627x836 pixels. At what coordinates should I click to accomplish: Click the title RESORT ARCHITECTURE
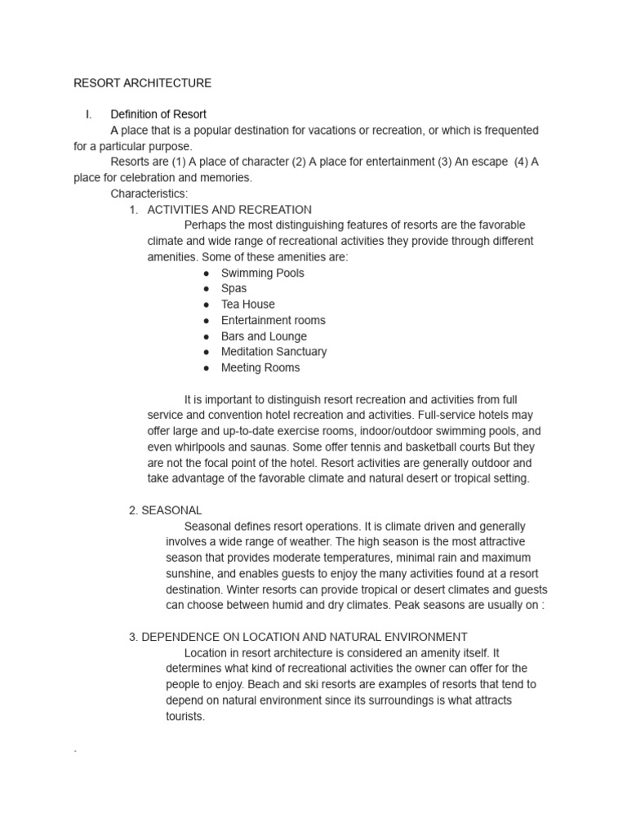[x=143, y=82]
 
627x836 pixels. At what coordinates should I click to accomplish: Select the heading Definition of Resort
[x=158, y=114]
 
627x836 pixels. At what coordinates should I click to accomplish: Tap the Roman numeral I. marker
[x=89, y=114]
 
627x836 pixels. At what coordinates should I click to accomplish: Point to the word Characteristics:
[x=149, y=193]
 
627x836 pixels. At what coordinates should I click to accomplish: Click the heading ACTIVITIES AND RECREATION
[x=229, y=210]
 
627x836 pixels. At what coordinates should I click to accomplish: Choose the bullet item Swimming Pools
[x=262, y=273]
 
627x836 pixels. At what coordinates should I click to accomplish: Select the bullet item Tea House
[x=247, y=305]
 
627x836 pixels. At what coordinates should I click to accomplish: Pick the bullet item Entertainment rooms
[x=273, y=320]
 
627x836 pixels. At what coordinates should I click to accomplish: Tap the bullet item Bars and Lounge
[x=264, y=336]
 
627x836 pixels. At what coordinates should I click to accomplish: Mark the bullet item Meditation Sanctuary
[x=273, y=352]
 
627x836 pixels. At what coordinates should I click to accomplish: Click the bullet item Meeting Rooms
[x=260, y=367]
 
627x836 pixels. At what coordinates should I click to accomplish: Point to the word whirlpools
[x=203, y=447]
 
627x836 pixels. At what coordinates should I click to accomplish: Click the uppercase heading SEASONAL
[x=171, y=510]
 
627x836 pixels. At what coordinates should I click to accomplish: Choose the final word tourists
[x=185, y=716]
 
